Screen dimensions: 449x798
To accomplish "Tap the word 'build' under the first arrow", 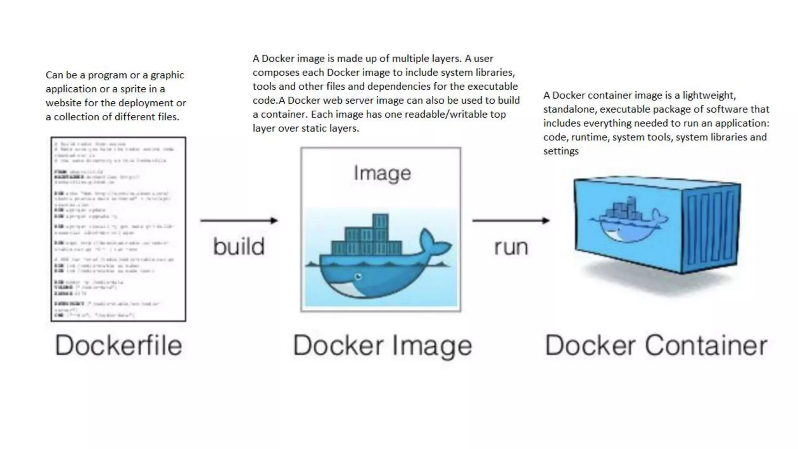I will click(239, 246).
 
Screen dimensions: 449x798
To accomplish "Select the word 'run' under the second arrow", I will click(511, 247).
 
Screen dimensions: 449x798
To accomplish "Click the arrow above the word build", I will click(239, 221).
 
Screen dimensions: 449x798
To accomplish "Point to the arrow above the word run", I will click(511, 221).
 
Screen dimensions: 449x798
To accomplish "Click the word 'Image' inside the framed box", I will click(382, 173).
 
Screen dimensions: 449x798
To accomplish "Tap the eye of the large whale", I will click(358, 277).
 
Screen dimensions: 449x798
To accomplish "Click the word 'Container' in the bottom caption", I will click(706, 345).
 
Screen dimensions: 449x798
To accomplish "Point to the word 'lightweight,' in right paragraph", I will click(709, 95).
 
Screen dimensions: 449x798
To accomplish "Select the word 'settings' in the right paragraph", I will click(561, 151).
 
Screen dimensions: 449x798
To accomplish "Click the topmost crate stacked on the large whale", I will click(380, 221).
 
